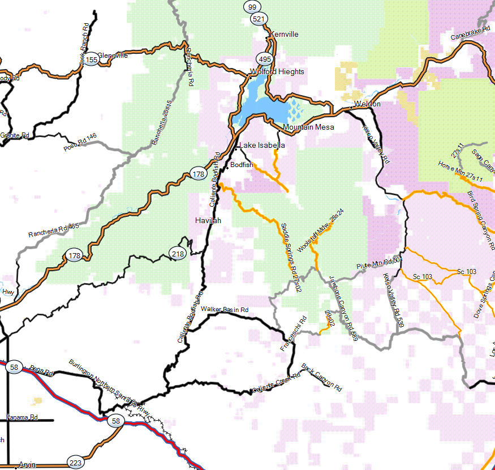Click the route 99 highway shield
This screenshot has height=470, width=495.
click(x=252, y=7)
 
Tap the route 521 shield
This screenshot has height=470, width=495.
click(x=259, y=19)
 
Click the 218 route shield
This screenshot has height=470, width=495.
click(x=178, y=254)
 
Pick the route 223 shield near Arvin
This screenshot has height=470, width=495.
click(x=75, y=462)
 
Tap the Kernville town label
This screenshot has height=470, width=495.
click(x=284, y=35)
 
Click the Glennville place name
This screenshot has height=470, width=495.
click(x=113, y=55)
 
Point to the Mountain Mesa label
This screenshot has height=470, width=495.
click(x=308, y=127)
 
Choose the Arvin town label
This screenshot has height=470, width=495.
click(x=27, y=465)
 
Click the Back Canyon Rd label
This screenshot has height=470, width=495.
click(x=322, y=378)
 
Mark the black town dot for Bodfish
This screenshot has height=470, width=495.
click(x=227, y=168)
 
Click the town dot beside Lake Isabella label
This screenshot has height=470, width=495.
click(x=236, y=148)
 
